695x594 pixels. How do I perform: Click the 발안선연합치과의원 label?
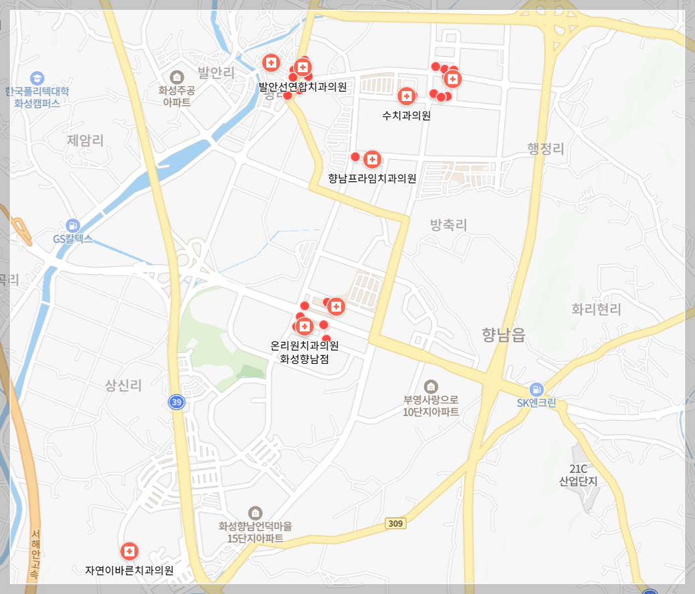pos(303,86)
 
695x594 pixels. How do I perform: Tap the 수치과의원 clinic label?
pos(406,115)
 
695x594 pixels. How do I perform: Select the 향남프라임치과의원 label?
pos(372,179)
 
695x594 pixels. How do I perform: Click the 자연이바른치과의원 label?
pos(129,571)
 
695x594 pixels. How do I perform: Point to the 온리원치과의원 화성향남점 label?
pos(304,352)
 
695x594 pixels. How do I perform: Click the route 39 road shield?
pos(176,402)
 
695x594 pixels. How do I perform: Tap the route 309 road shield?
pos(395,524)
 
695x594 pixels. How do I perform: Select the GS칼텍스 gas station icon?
pos(73,225)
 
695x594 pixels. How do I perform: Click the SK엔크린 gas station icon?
pos(536,389)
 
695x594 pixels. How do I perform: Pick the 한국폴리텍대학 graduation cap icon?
pos(37,78)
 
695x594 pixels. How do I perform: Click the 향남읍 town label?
pos(504,335)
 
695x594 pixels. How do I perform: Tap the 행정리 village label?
pos(546,148)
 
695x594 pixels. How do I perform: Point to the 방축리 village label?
pos(448,225)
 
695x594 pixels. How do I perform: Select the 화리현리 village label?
pos(596,309)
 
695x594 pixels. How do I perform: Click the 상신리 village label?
pos(124,385)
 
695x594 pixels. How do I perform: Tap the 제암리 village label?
pos(86,140)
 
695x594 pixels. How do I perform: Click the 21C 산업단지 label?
pos(579,474)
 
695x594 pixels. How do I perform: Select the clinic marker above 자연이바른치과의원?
pos(129,551)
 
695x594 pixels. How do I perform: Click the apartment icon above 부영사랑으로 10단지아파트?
pos(431,386)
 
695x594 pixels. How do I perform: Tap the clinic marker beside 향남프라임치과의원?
pos(372,159)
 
